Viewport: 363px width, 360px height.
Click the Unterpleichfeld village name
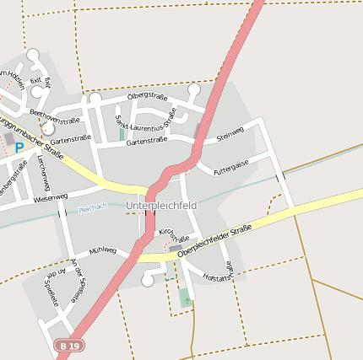160,206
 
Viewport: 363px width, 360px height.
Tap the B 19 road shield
70,346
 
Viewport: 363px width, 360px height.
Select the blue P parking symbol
19,148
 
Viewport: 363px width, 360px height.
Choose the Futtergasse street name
231,167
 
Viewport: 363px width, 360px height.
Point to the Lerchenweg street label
43,174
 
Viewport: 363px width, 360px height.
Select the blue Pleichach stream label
92,209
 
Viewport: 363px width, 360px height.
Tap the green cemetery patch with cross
185,297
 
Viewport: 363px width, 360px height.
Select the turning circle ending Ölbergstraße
193,89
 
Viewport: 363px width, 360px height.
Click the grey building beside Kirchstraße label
176,249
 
